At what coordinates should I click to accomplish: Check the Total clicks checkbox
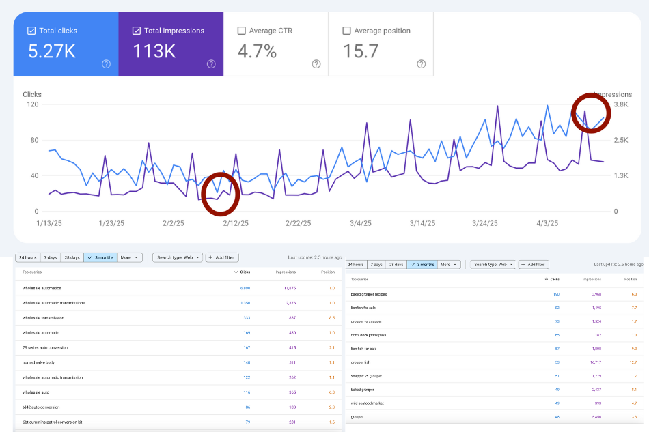pyautogui.click(x=31, y=31)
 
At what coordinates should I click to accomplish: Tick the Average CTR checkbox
pyautogui.click(x=241, y=31)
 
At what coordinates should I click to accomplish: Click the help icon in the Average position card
pyautogui.click(x=421, y=64)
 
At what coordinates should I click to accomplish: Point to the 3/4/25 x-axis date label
pyautogui.click(x=361, y=223)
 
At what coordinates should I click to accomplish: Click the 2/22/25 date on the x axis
pyautogui.click(x=298, y=223)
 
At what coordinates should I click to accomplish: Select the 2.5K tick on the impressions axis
pyautogui.click(x=621, y=140)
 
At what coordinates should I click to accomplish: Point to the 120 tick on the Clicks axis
pyautogui.click(x=31, y=104)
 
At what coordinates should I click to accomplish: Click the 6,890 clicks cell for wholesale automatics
pyautogui.click(x=245, y=288)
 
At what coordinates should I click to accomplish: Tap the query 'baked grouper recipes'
pyautogui.click(x=369, y=294)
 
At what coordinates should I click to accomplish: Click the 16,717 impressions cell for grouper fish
pyautogui.click(x=591, y=362)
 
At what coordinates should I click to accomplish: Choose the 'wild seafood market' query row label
pyautogui.click(x=367, y=403)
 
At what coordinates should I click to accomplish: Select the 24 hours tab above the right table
pyautogui.click(x=356, y=264)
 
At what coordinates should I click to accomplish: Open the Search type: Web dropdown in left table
pyautogui.click(x=177, y=257)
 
